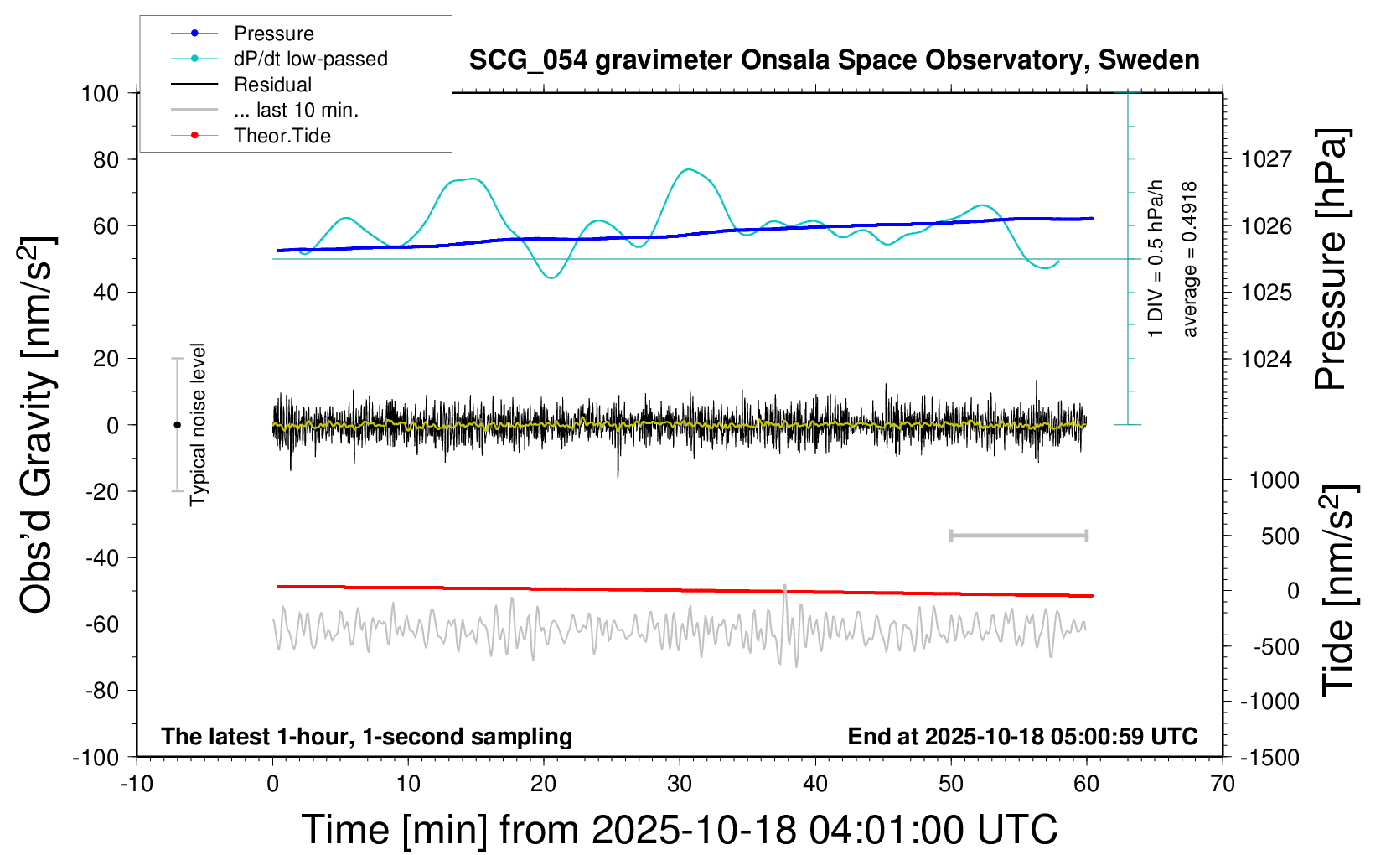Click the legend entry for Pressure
coord(273,34)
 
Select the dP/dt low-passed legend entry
coord(310,59)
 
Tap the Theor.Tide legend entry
coord(282,136)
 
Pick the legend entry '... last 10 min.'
coord(296,110)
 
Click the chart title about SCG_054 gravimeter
coord(834,60)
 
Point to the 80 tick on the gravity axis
coord(106,159)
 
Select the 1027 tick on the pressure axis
coord(1266,159)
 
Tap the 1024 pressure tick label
coord(1266,359)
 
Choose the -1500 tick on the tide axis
coord(1269,758)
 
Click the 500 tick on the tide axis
coord(1280,536)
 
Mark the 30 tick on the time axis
coord(680,785)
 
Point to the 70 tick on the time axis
coord(1223,785)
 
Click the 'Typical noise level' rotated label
coord(198,425)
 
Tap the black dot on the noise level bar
coord(177,425)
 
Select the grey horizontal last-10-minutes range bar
coord(1018,536)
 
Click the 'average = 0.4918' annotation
coord(1190,259)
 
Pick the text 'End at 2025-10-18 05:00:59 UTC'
coord(1022,737)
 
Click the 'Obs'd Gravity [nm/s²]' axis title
coord(38,425)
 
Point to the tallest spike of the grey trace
coord(785,587)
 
